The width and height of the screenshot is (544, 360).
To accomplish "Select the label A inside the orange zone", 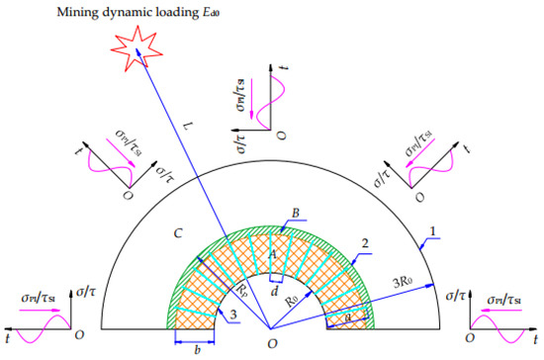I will click(269, 253).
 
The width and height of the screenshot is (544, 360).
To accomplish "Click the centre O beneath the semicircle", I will click(271, 343).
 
